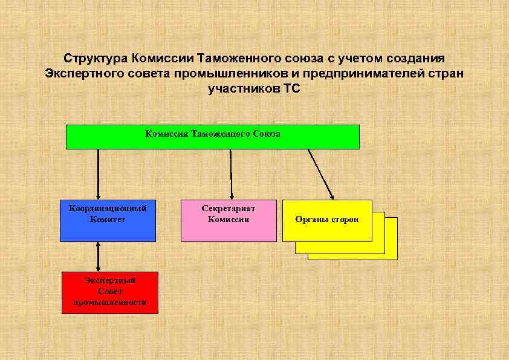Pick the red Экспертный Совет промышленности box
point(109,292)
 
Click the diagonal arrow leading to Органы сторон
point(321,174)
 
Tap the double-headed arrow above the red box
point(98,257)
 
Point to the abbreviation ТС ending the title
point(291,89)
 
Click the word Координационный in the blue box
point(108,208)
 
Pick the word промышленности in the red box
point(109,302)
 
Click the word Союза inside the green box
point(265,133)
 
